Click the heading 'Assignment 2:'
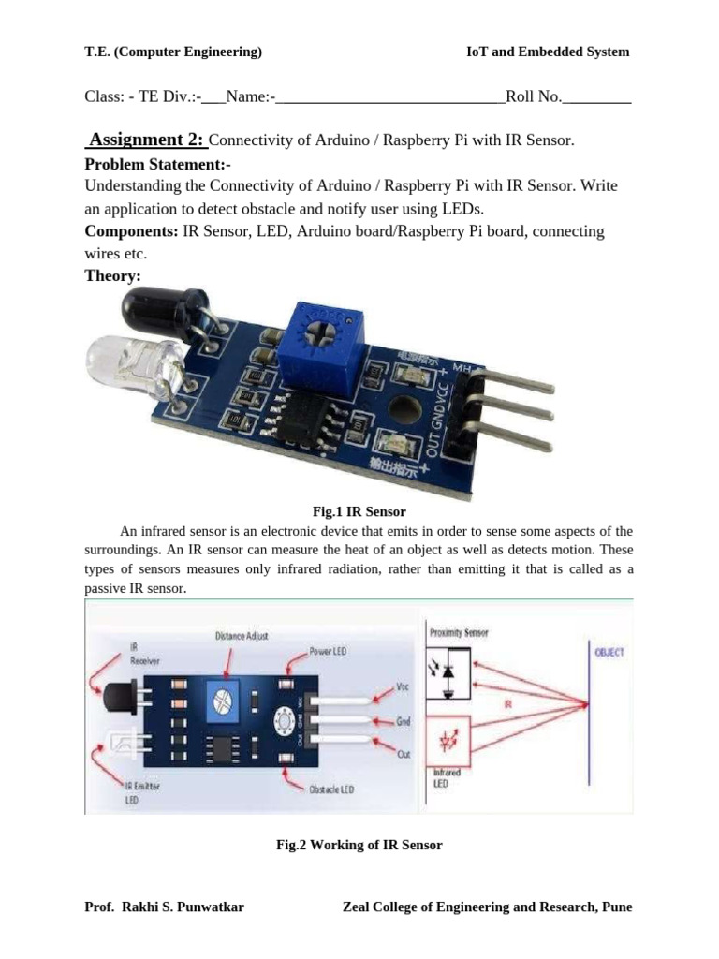[147, 140]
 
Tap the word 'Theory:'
[113, 275]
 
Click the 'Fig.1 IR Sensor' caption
[359, 511]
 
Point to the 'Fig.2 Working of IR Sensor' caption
[359, 845]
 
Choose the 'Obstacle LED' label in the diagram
[331, 789]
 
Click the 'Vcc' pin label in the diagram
[403, 686]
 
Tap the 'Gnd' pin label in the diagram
[404, 721]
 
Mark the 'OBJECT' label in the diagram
[609, 652]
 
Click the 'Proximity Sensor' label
[459, 633]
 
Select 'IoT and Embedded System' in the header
[548, 52]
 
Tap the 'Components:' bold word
[131, 230]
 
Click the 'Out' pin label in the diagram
[404, 753]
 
